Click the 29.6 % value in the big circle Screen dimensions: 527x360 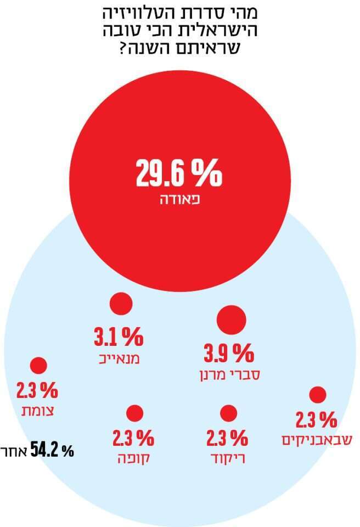(179, 173)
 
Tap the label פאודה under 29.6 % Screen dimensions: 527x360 (179, 200)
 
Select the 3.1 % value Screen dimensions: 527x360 (119, 337)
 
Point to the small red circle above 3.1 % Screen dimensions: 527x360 (121, 304)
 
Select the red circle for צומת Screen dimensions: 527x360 (38, 366)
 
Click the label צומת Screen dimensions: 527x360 (37, 412)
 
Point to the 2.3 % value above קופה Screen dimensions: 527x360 (133, 438)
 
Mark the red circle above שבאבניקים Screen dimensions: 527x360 (317, 394)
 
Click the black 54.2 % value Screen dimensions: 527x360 (52, 451)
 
